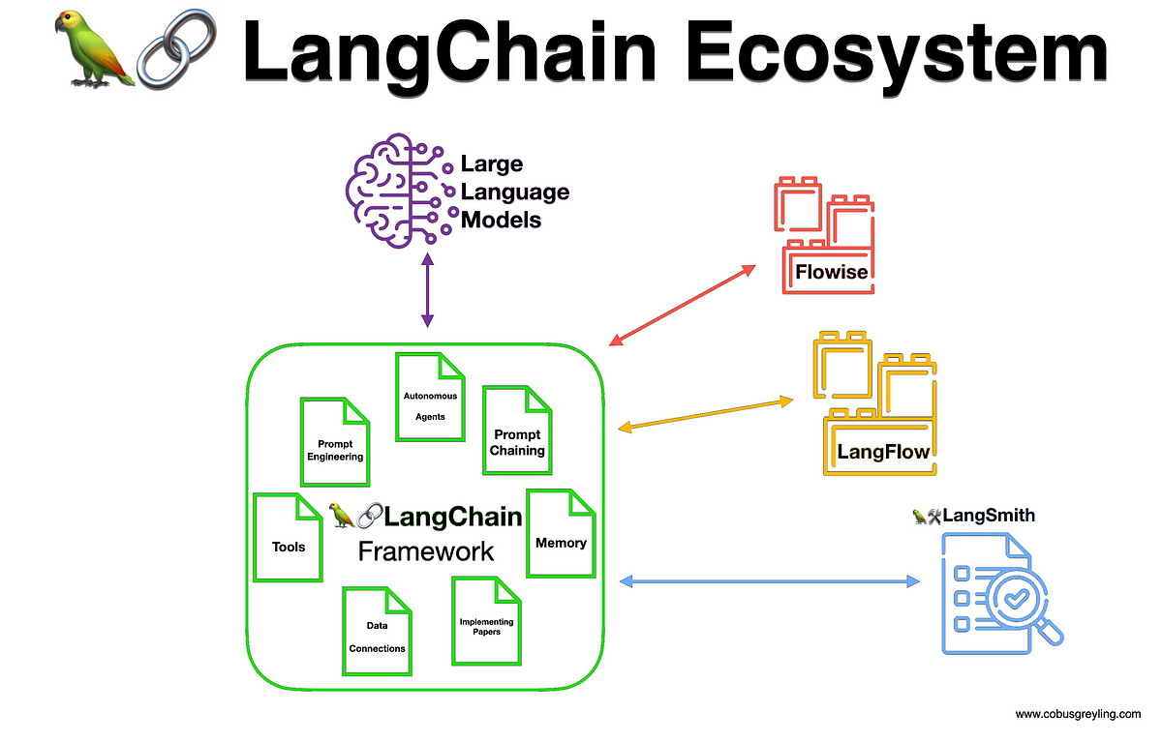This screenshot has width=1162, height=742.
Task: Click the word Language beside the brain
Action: (514, 192)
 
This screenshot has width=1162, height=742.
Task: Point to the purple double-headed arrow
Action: (426, 291)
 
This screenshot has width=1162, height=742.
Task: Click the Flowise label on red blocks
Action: (831, 272)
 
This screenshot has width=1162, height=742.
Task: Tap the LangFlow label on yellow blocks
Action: (882, 451)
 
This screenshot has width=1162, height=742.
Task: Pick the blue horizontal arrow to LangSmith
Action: (770, 581)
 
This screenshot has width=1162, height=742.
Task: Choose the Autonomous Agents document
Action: (430, 397)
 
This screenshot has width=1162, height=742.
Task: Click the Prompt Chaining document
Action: (516, 431)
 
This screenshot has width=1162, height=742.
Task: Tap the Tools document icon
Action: (287, 538)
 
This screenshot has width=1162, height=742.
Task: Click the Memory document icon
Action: (560, 533)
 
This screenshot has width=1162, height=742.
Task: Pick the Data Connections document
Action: (377, 631)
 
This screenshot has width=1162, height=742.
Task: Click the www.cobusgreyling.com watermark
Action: (1078, 714)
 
